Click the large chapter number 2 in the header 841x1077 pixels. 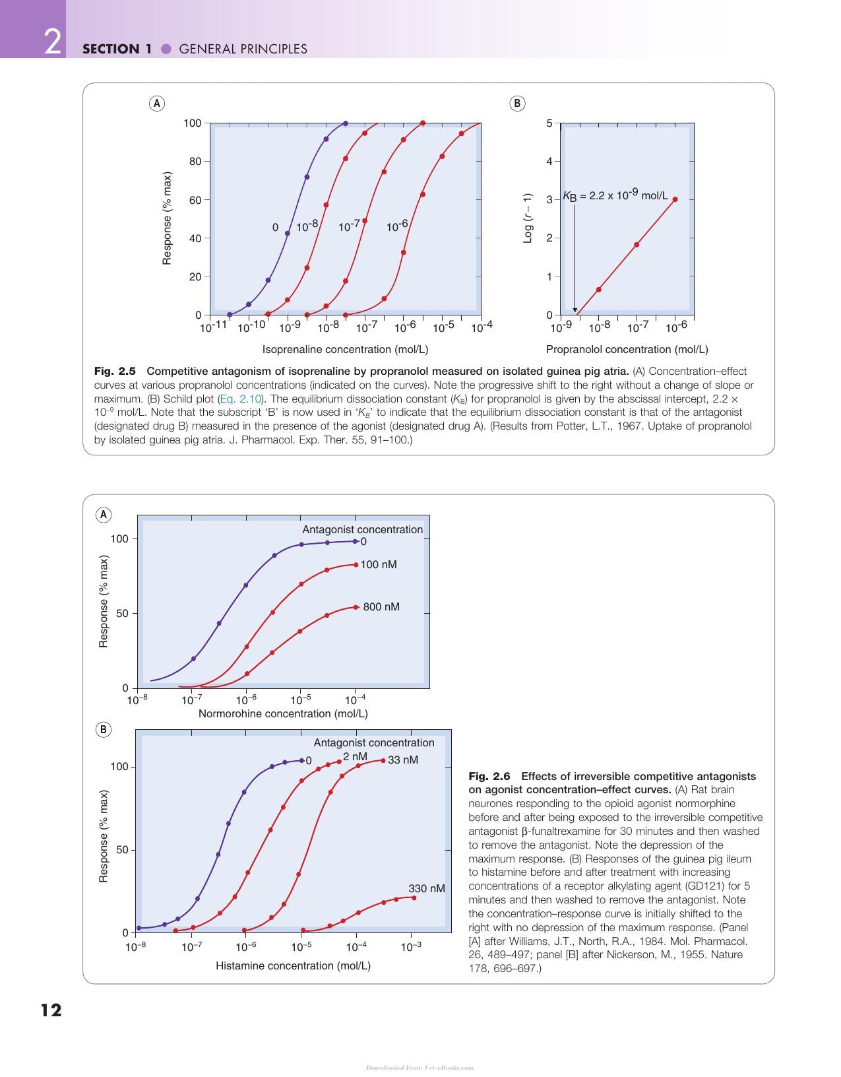click(x=53, y=42)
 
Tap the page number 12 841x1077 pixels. click(x=51, y=1010)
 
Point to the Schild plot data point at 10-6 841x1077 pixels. click(x=675, y=199)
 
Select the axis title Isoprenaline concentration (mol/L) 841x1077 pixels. click(x=345, y=349)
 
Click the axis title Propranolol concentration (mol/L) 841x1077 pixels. click(x=627, y=349)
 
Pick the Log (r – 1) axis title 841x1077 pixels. click(x=528, y=218)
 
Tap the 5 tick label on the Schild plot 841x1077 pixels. click(x=549, y=123)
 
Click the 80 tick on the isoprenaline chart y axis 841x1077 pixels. click(x=195, y=161)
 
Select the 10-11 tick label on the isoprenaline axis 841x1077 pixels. click(x=214, y=327)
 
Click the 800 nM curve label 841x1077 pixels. click(x=381, y=606)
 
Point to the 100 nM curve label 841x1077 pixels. click(x=379, y=564)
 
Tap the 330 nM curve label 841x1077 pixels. click(x=427, y=889)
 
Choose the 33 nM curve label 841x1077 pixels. click(x=402, y=760)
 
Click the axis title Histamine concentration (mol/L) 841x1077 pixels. click(x=294, y=965)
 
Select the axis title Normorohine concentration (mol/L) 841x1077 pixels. click(x=284, y=713)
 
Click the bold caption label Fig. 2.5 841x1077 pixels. click(x=114, y=372)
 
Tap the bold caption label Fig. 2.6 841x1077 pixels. click(x=489, y=776)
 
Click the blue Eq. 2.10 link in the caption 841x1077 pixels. click(x=240, y=399)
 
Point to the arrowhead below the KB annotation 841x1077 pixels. click(x=575, y=310)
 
